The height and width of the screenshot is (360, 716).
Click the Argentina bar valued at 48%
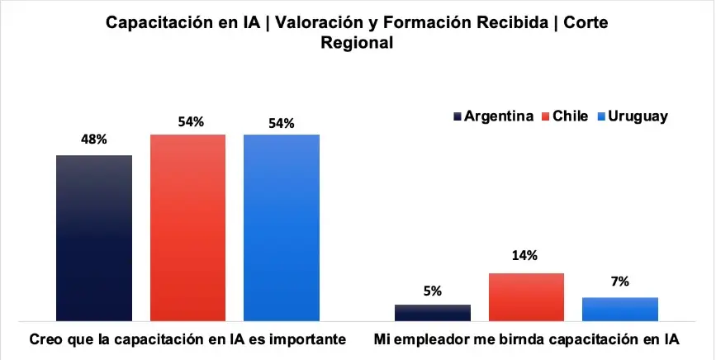(x=94, y=237)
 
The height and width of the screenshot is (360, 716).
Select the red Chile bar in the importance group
(x=187, y=227)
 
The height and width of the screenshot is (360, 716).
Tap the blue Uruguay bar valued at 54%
(x=282, y=227)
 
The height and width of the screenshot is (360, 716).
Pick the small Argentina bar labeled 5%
(x=433, y=312)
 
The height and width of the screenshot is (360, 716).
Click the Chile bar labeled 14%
(x=526, y=296)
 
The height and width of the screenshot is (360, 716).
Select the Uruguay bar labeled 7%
(x=620, y=308)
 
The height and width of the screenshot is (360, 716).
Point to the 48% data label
(x=93, y=140)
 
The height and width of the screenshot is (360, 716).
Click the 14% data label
(x=525, y=256)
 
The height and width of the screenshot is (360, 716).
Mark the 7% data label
(x=619, y=282)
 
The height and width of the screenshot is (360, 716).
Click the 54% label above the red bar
(x=190, y=122)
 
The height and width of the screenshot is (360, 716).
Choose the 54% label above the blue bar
(x=282, y=122)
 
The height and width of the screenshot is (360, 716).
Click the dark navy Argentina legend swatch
(x=458, y=116)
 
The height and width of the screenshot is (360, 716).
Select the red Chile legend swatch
(x=545, y=116)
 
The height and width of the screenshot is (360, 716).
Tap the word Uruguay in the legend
(x=638, y=116)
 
